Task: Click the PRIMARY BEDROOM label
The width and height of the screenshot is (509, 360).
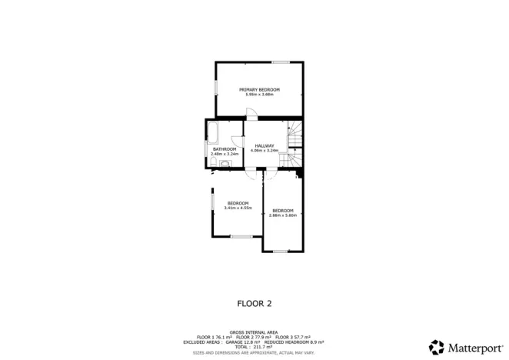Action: [259, 90]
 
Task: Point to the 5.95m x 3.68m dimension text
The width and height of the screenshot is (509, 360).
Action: [259, 95]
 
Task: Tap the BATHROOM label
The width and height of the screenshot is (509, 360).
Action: [225, 149]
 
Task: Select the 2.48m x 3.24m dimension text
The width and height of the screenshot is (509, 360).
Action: [225, 154]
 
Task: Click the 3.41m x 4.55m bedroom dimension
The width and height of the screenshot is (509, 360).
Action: [238, 208]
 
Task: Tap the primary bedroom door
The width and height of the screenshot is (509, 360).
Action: [249, 115]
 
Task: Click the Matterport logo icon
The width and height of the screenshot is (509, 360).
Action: [437, 347]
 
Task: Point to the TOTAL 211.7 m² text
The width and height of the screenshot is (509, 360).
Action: [254, 346]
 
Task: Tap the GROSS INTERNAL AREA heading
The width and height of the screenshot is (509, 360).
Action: [254, 332]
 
